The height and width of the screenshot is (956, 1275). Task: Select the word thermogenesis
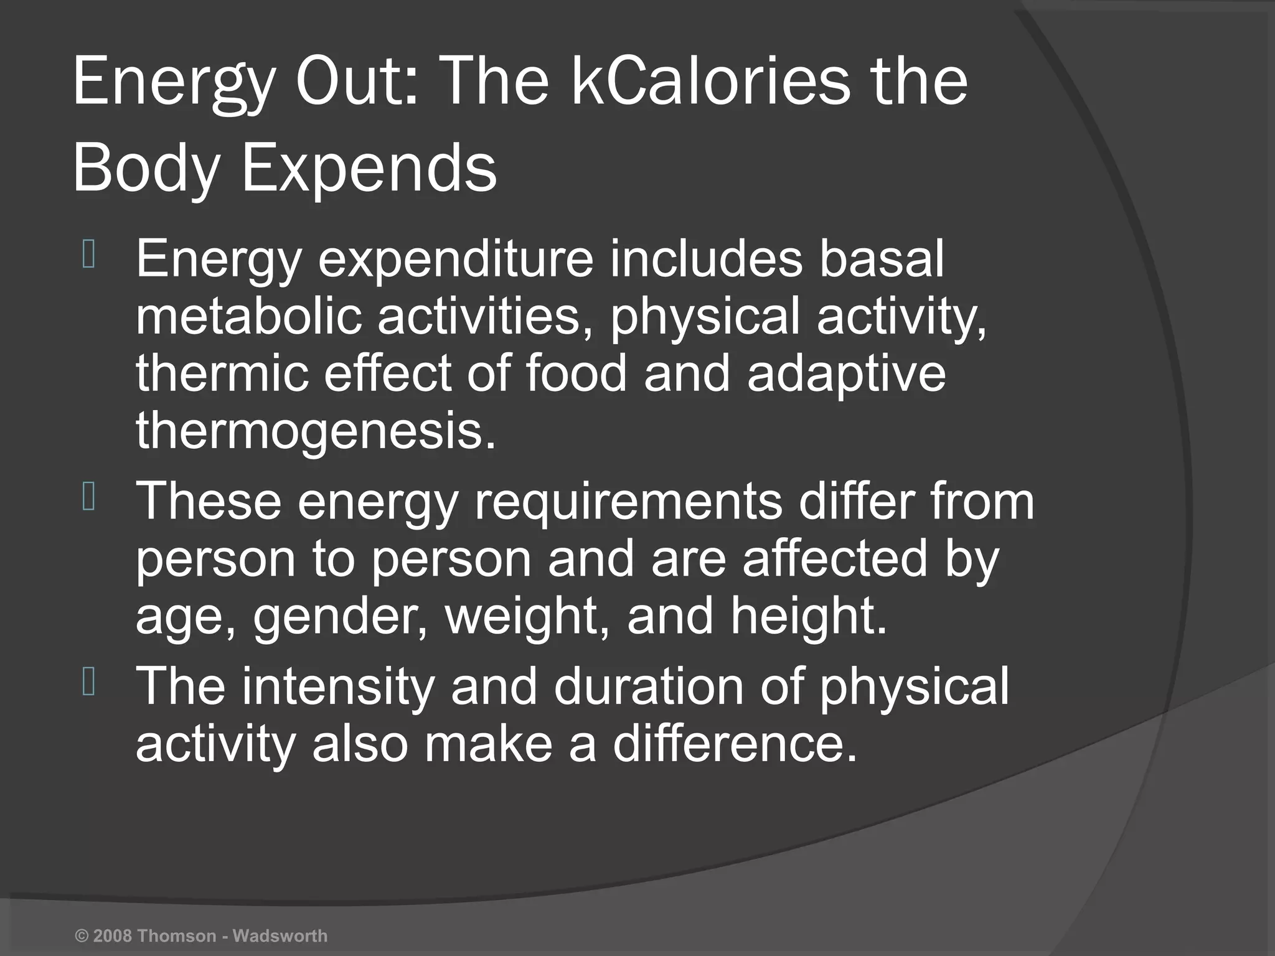(316, 431)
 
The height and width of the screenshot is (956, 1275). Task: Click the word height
(809, 616)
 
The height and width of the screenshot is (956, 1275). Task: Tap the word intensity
(338, 687)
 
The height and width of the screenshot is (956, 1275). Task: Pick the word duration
(648, 687)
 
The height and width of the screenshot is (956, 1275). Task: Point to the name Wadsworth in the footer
(280, 935)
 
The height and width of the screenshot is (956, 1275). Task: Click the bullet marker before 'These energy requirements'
(88, 498)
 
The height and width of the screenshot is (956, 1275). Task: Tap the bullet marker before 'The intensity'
(88, 683)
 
